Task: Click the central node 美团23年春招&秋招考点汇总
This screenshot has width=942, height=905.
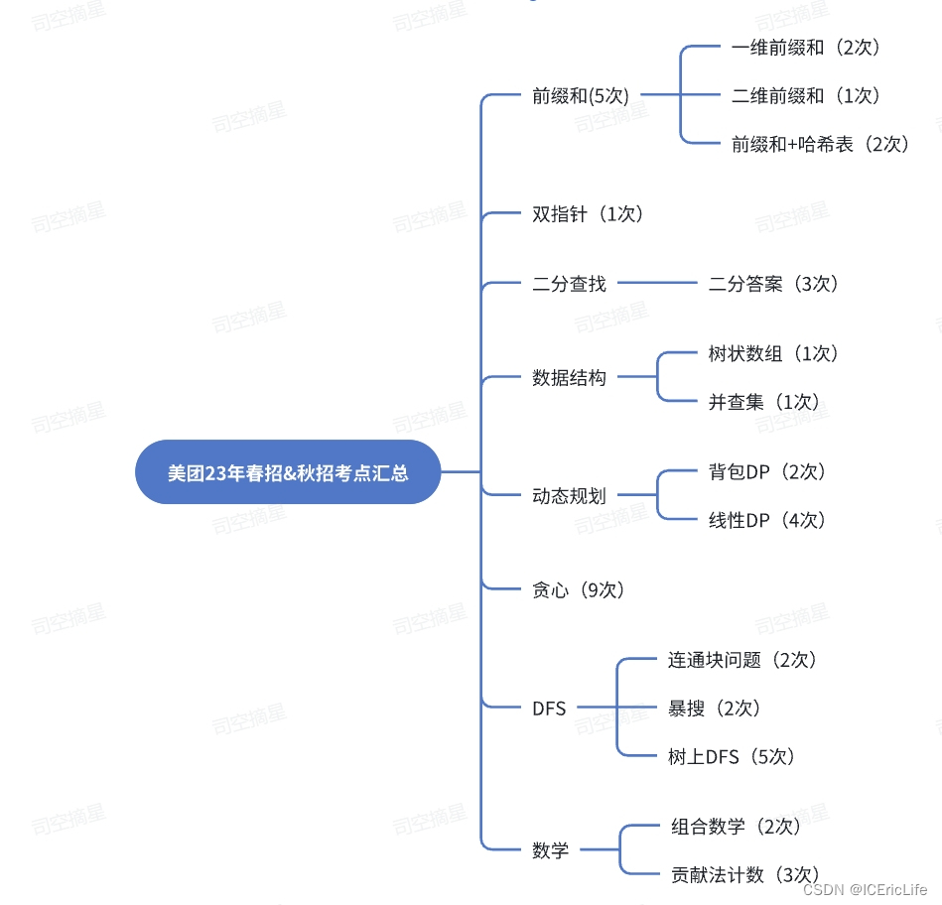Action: tap(288, 472)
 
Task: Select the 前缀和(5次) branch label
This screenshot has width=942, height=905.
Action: tap(581, 96)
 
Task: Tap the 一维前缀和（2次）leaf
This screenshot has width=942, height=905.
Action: tap(806, 47)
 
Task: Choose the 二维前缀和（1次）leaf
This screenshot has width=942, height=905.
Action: tap(806, 96)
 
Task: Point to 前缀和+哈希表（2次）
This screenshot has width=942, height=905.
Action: tap(820, 145)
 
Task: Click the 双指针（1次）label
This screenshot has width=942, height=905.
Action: tap(588, 214)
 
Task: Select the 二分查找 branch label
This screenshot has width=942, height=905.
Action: tap(569, 284)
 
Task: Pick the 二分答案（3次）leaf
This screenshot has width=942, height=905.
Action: tap(774, 284)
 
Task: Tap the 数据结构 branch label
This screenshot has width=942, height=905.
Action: tap(569, 378)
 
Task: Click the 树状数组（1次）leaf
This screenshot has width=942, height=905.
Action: tap(774, 354)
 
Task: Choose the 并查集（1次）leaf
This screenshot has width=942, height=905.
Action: tap(764, 403)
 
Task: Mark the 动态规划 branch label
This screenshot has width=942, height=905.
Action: tap(569, 496)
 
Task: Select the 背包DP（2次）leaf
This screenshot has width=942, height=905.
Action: tap(767, 472)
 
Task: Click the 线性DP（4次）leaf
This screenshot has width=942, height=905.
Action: tap(767, 520)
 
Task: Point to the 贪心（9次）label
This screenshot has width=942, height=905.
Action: tap(578, 590)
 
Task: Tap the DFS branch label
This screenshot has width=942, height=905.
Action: tap(549, 709)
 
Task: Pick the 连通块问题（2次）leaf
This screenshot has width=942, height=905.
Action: tap(742, 660)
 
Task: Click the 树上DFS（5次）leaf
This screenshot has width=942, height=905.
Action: tap(732, 757)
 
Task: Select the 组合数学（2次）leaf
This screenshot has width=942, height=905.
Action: tap(736, 827)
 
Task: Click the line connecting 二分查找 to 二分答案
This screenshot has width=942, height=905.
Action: tap(657, 284)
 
